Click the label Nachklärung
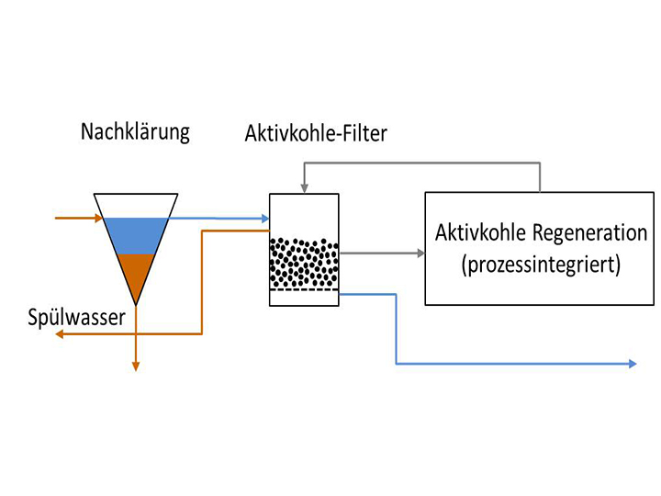click(135, 131)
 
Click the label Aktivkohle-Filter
click(316, 134)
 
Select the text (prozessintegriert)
click(541, 265)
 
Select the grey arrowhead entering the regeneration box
click(419, 251)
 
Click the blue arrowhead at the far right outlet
click(632, 365)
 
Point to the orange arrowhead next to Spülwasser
click(60, 335)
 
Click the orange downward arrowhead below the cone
click(135, 366)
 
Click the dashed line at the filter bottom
click(304, 291)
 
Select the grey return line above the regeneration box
click(422, 163)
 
